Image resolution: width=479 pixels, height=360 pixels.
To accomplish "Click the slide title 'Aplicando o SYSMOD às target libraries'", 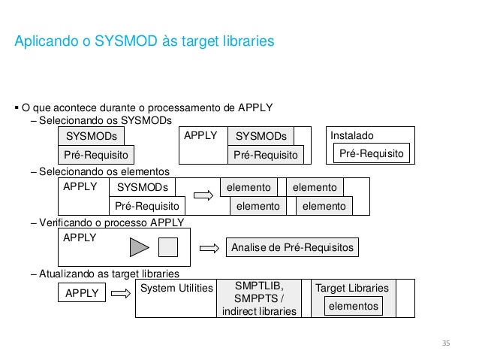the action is [x=144, y=41].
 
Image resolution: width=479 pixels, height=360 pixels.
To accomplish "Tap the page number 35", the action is [x=446, y=343].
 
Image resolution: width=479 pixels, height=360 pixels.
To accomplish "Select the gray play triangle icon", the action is [x=139, y=247].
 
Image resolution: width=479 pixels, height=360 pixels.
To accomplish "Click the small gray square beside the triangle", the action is [x=168, y=247].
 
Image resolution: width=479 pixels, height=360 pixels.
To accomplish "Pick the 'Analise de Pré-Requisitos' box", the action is [x=292, y=247].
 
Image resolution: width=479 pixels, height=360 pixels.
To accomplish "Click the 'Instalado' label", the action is [x=352, y=135].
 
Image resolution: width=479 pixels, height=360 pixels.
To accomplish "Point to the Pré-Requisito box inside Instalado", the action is [x=372, y=153].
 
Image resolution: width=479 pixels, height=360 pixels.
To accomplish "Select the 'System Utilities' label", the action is [x=176, y=288].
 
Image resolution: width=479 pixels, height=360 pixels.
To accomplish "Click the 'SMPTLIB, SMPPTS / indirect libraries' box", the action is [x=259, y=298].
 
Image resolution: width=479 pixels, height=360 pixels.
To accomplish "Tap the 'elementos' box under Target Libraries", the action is [x=354, y=306].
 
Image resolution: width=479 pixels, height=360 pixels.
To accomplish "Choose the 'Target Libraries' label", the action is [x=352, y=288].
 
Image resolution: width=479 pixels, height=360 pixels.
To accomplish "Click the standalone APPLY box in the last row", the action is [x=82, y=292].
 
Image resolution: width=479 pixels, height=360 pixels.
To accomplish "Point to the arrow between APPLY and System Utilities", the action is [x=121, y=294].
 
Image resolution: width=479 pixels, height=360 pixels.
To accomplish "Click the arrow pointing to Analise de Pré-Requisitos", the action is [x=209, y=248].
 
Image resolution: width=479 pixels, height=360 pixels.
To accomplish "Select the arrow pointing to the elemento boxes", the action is [x=203, y=195].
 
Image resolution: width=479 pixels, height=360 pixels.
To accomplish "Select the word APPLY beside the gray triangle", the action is [x=80, y=237].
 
